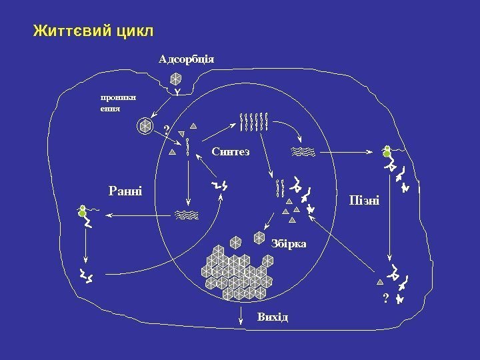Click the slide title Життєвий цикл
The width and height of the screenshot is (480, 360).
click(93, 31)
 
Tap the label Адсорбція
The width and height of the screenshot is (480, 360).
click(186, 59)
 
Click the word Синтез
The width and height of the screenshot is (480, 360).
click(231, 152)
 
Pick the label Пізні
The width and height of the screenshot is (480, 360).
click(364, 200)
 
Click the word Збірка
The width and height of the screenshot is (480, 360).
click(289, 243)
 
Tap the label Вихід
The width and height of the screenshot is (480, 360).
click(273, 315)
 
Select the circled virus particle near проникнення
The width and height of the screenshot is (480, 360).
click(143, 125)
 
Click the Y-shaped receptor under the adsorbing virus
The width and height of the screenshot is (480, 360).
click(177, 91)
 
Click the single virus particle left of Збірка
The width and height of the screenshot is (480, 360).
click(259, 237)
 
